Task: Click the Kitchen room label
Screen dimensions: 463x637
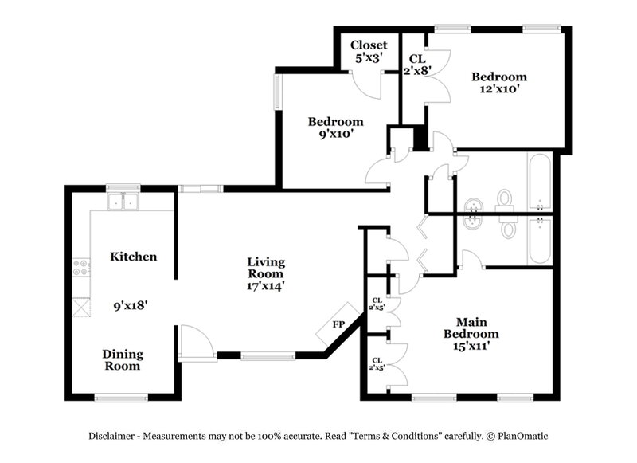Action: coord(133,257)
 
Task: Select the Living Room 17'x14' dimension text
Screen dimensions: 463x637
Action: coord(266,284)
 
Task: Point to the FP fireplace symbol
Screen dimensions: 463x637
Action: coord(338,324)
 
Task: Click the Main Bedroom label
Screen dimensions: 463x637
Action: coord(471,328)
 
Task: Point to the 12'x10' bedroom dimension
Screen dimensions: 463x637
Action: coord(498,89)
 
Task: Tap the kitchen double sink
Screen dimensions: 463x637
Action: coord(123,201)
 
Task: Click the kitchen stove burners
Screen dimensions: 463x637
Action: coord(80,267)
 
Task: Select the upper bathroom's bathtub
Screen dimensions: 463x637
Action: coord(538,182)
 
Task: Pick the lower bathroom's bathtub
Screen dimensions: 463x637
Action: coord(539,240)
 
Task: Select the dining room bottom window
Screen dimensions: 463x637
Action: coord(121,397)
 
